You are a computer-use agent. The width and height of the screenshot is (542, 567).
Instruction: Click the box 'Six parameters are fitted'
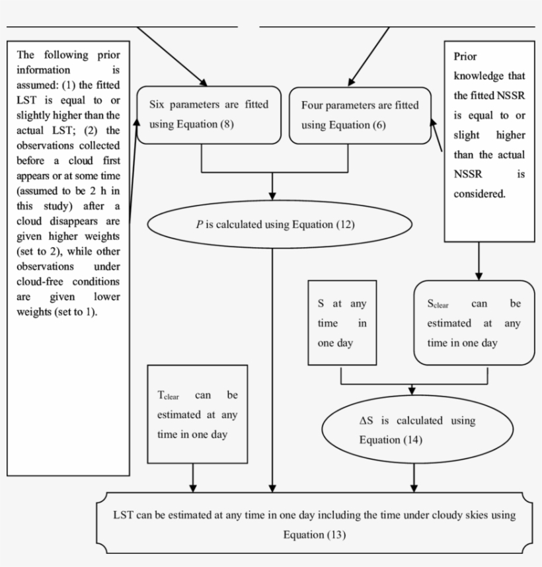click(x=201, y=115)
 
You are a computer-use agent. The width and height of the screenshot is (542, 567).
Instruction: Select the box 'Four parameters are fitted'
click(x=355, y=116)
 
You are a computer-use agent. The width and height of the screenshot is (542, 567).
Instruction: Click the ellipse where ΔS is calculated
click(x=413, y=430)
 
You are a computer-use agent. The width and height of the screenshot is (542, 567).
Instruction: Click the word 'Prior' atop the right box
click(x=465, y=57)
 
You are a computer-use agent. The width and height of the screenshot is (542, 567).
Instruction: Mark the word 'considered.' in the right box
click(x=480, y=194)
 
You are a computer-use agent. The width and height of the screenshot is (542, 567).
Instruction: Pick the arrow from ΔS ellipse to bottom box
click(x=414, y=478)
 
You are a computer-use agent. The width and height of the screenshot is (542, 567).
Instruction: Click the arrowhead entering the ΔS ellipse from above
click(x=414, y=391)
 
